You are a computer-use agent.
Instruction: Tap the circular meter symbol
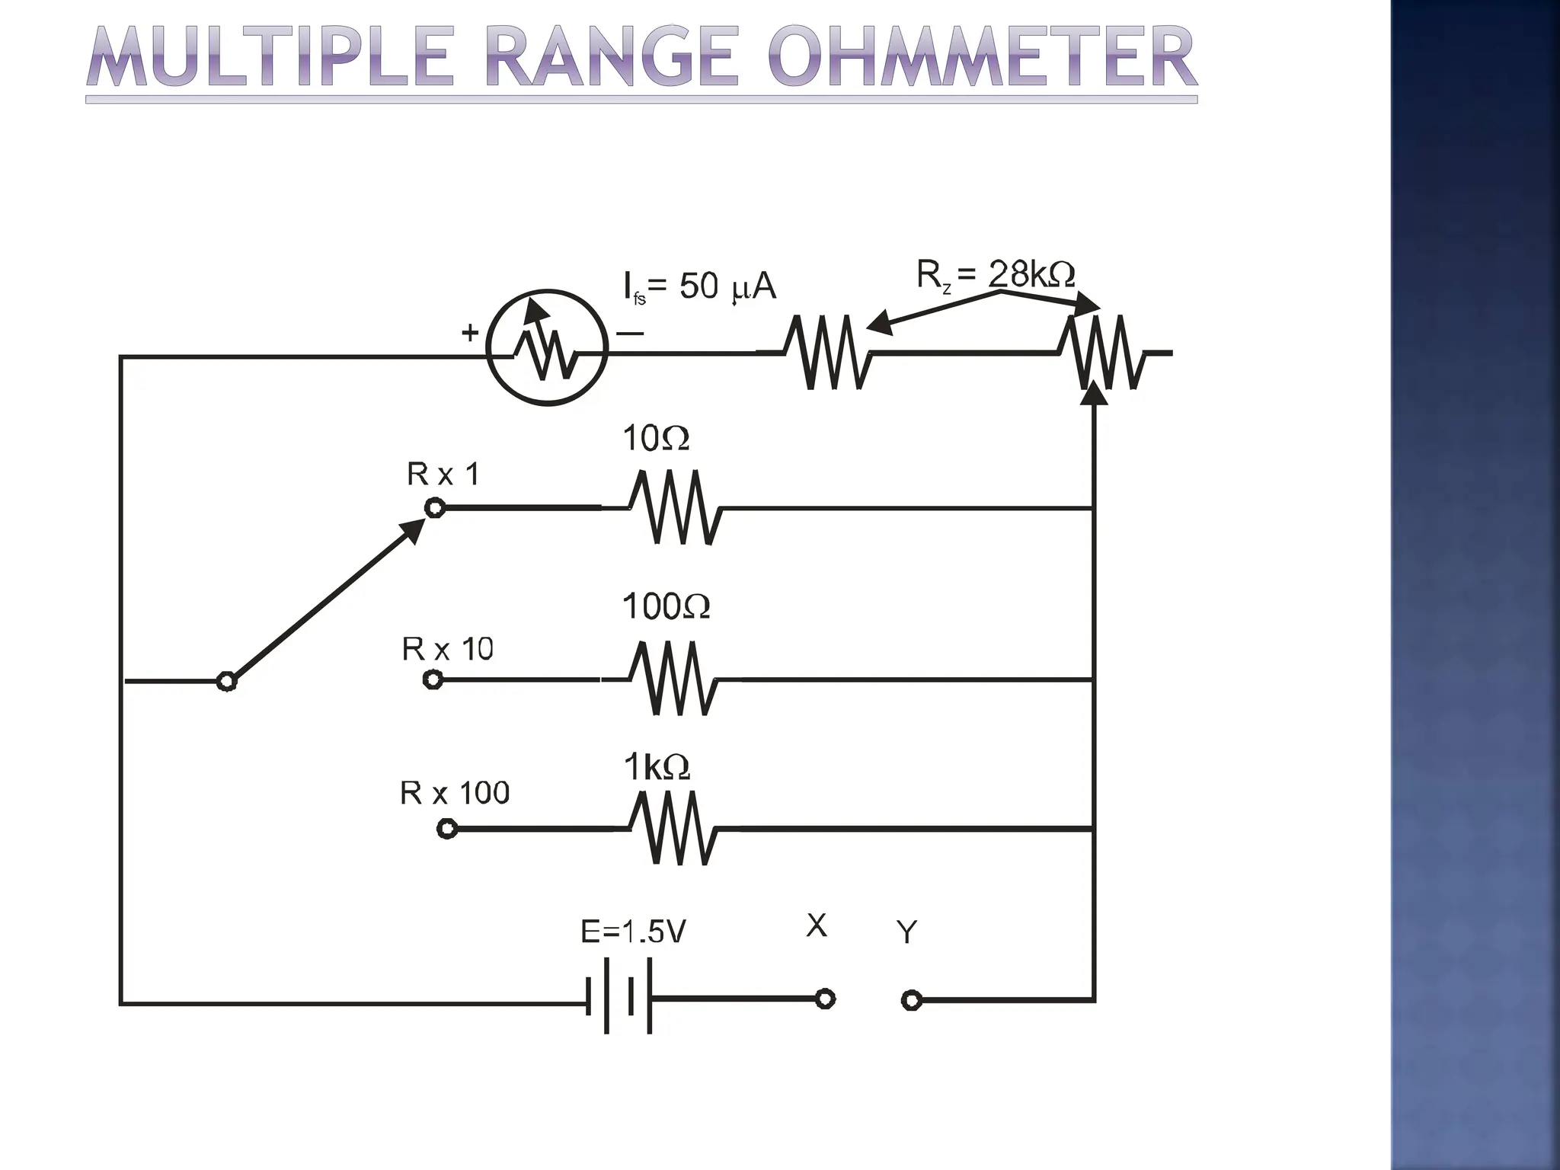coord(547,348)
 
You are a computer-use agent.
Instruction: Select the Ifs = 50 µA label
coord(699,287)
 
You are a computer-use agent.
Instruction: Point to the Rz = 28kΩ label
coord(995,274)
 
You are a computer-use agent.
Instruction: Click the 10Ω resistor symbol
coord(675,507)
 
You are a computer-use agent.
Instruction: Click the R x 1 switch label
coord(443,475)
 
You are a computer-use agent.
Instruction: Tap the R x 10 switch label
coord(448,650)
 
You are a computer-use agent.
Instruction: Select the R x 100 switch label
coord(455,794)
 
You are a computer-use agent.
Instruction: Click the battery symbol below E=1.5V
coord(619,996)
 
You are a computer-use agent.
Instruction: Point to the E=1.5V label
coord(633,932)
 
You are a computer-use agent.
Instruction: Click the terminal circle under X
coord(825,999)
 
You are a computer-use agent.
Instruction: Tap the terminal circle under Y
coord(911,1000)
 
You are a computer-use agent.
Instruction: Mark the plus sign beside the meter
coord(470,332)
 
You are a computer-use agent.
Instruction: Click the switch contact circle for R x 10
coord(433,679)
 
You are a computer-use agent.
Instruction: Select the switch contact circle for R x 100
coord(447,829)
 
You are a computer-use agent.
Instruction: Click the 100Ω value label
coord(666,607)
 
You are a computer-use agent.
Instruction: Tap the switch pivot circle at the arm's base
coord(226,681)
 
